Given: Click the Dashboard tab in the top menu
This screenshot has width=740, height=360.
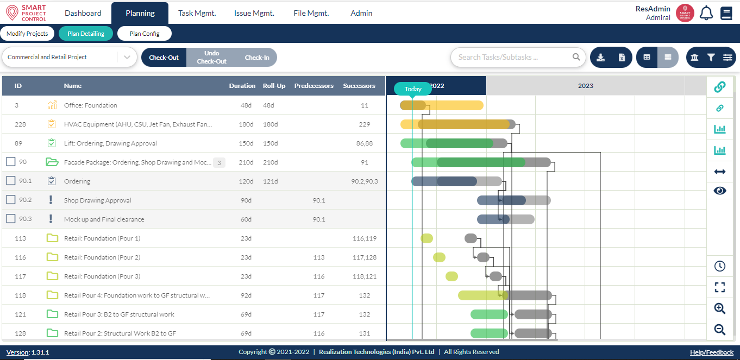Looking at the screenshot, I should coord(83,13).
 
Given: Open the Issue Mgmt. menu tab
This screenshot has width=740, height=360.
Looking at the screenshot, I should coord(254,13).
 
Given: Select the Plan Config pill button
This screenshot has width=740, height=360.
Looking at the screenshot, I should coord(145,34).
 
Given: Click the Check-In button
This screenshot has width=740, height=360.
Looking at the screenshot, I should coord(256,58).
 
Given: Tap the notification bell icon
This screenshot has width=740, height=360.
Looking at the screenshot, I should coord(706,13).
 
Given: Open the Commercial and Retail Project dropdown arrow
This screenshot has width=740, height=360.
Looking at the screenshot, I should coord(127,57).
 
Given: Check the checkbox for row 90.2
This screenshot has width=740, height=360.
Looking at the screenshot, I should coord(10,200).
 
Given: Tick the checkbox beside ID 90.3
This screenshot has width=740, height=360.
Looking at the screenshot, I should coord(10,219).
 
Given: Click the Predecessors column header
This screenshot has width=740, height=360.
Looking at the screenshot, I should coord(313,86).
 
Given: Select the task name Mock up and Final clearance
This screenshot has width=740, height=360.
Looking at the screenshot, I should coord(104,219).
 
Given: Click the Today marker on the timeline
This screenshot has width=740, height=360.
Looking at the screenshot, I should coord(413,89).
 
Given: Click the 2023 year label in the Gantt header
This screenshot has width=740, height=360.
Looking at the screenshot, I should coord(585,86).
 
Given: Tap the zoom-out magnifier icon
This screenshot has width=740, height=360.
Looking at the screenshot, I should coord(719,329).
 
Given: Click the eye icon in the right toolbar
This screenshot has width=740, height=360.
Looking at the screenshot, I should coord(719,191).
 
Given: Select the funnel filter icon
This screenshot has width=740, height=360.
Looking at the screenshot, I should coord(711,57).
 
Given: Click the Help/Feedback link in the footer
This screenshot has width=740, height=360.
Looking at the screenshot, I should coord(711,352).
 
